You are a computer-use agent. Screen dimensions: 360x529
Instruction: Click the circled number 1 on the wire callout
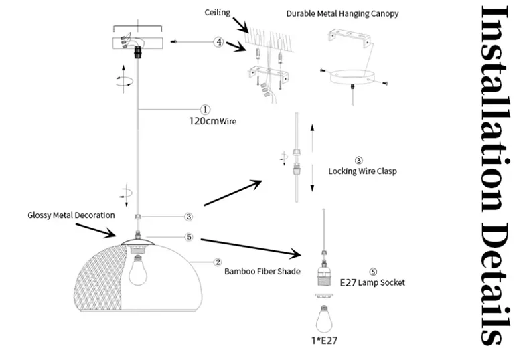(206, 110)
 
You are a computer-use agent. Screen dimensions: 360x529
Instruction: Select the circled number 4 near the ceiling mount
(218, 41)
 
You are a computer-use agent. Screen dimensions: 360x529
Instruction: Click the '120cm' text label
(203, 122)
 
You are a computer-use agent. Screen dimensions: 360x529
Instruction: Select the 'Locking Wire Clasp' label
(362, 171)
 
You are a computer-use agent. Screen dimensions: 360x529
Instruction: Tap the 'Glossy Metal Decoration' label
(72, 215)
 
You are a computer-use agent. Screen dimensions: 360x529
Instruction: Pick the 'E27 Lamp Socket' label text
(372, 283)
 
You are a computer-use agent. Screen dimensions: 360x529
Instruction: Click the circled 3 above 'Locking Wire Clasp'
(359, 161)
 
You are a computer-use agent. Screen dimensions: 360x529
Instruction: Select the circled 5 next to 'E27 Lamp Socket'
(372, 272)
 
